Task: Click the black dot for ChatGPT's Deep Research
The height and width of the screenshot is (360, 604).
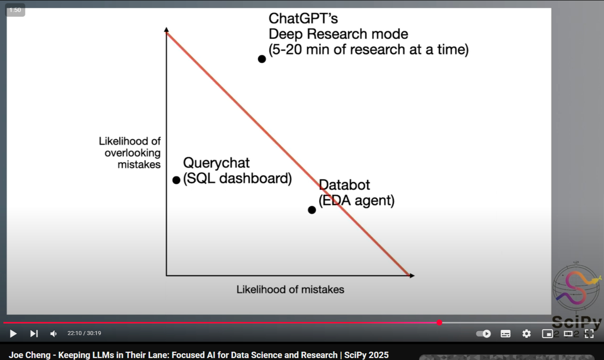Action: pos(262,59)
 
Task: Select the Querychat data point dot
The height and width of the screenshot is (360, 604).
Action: pos(176,180)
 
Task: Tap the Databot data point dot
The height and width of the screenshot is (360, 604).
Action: pos(312,210)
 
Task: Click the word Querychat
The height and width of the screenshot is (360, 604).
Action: pos(216,163)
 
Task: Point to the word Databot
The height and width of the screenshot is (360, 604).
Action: pos(344,185)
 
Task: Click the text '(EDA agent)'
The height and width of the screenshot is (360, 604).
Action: pos(357,200)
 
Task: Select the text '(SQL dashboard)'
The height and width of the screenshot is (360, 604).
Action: pos(237,178)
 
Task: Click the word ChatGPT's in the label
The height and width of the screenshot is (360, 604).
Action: pos(303,19)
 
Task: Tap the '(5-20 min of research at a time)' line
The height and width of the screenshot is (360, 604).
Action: pos(368,50)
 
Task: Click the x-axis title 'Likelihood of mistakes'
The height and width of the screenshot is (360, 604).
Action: pos(290,290)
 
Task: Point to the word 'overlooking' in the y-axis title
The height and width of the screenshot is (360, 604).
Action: pos(132,153)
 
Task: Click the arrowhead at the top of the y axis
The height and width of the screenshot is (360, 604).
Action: pos(167,29)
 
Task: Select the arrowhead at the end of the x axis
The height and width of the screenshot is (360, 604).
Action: pos(412,275)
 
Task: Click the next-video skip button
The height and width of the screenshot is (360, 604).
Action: pos(34,333)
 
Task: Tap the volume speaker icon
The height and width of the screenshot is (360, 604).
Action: pos(54,333)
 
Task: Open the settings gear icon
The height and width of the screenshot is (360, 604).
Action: pos(526,334)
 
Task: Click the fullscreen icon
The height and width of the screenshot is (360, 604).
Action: pos(589,334)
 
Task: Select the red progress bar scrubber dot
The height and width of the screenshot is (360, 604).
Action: pos(439,322)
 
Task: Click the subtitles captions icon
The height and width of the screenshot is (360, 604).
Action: pos(505,334)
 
